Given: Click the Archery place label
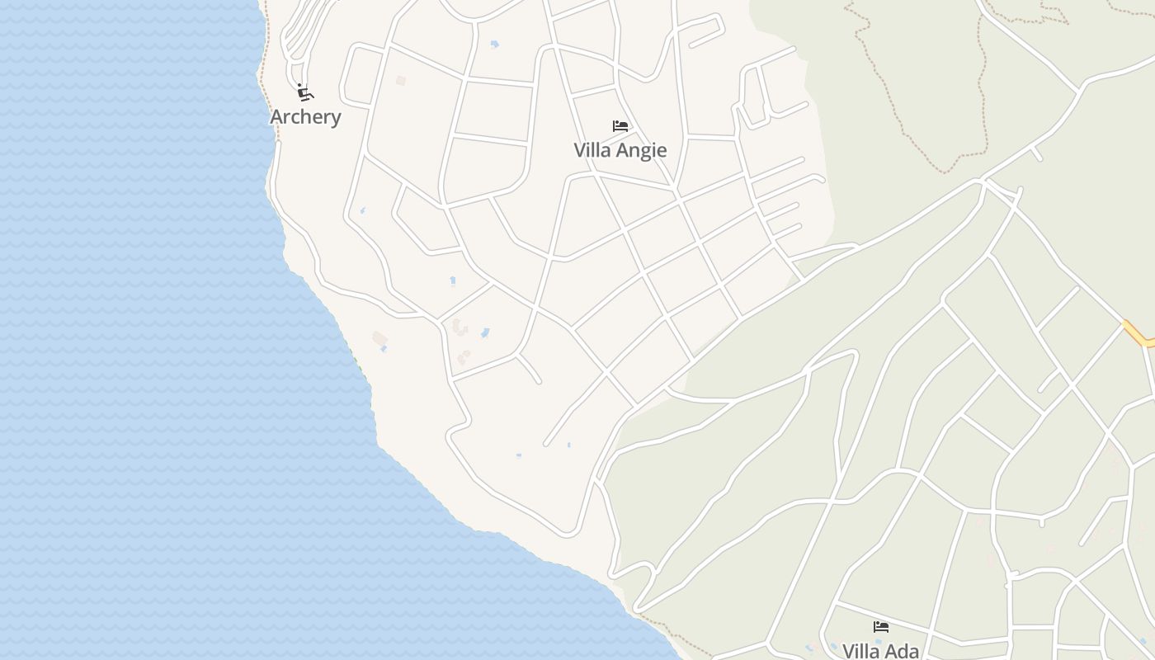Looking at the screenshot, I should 305,117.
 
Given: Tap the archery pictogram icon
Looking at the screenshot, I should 305,92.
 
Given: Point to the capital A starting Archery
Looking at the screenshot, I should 277,117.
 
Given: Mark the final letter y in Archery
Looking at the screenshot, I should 335,119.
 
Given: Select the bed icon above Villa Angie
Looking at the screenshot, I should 620,126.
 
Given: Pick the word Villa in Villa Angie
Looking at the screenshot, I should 592,150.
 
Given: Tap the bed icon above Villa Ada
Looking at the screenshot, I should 881,627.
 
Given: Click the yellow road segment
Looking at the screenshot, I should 1138,334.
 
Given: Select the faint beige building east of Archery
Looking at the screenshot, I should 401,81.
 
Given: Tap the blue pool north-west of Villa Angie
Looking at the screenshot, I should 494,45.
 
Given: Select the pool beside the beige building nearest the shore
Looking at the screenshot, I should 384,349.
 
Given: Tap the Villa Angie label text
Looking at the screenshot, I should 620,150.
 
